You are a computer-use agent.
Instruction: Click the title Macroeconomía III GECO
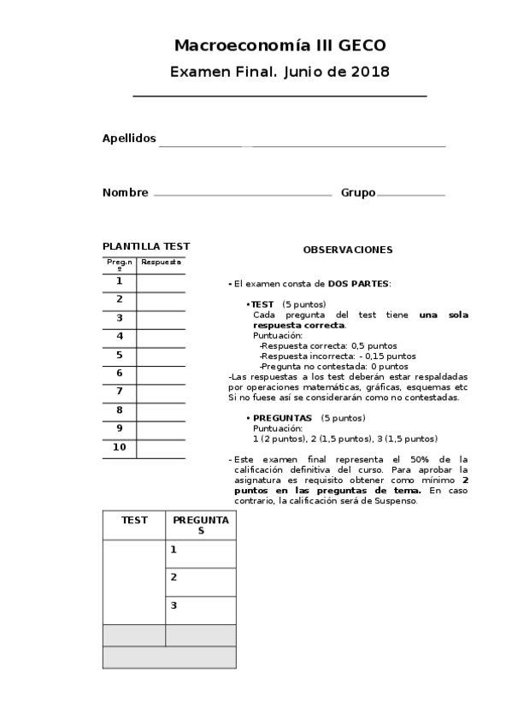click(280, 45)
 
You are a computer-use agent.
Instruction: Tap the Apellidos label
click(129, 139)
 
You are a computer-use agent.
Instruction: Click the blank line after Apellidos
click(302, 144)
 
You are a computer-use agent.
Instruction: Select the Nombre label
click(125, 193)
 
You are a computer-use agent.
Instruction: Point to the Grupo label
click(357, 193)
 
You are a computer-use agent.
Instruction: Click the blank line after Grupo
click(410, 195)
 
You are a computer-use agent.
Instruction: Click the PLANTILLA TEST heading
click(145, 246)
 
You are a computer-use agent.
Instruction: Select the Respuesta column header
click(161, 262)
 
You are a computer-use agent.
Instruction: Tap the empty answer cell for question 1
click(161, 282)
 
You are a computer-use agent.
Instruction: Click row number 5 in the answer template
click(120, 355)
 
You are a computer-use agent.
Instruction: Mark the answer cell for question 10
click(161, 448)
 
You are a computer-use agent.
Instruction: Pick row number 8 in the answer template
click(120, 410)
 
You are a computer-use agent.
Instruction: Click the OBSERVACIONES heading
click(348, 250)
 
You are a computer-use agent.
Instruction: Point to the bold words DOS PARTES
click(358, 283)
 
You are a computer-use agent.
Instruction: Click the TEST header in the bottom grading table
click(134, 520)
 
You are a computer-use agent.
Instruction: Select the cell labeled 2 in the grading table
click(200, 582)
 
